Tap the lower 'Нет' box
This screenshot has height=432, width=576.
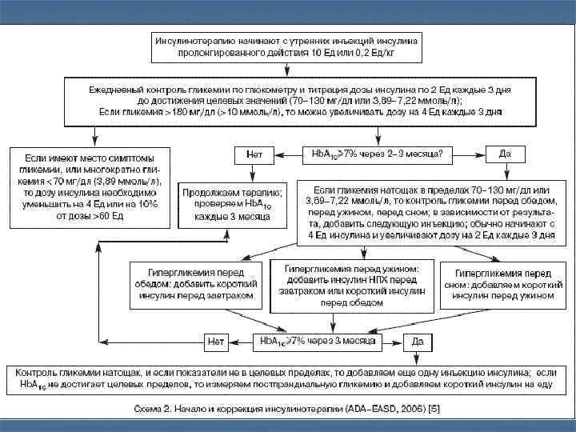point(215,342)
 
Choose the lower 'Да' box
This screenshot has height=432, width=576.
point(417,342)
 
